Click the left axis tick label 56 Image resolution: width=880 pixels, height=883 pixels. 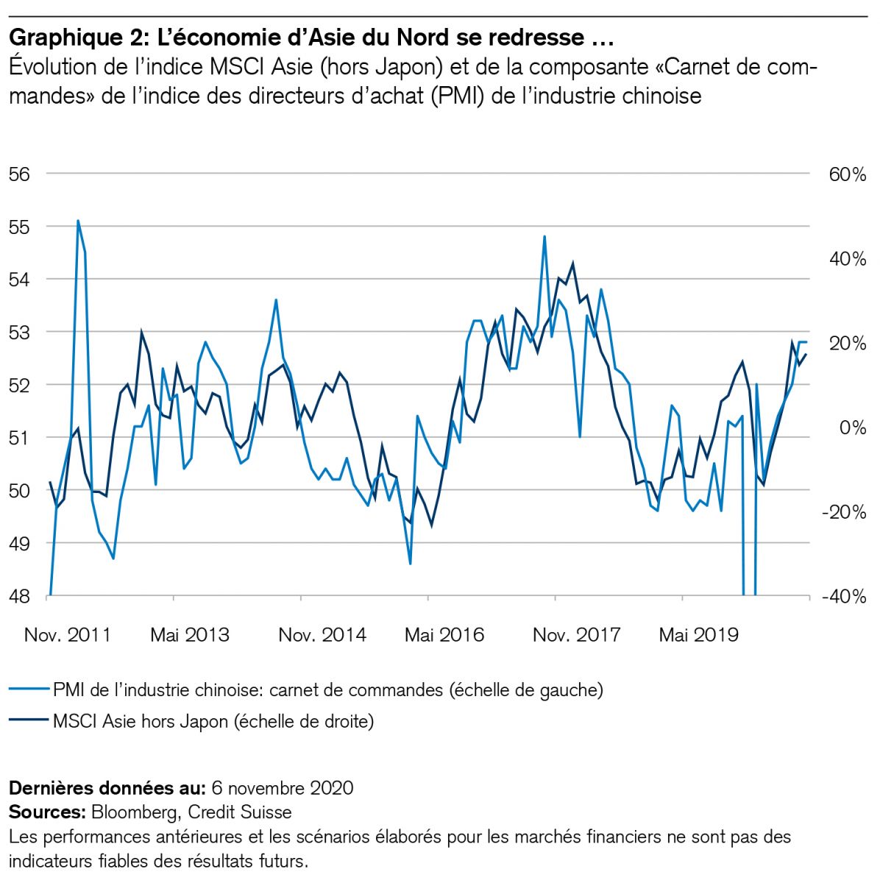coord(20,174)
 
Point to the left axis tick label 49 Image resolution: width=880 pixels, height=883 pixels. coord(20,544)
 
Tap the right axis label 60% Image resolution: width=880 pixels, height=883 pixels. coord(848,174)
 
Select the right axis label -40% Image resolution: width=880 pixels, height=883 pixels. coord(843,597)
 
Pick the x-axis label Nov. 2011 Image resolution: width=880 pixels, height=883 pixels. coord(68,634)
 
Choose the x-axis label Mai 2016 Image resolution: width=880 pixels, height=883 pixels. coord(444,634)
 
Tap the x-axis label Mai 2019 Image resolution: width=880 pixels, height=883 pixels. coord(698,634)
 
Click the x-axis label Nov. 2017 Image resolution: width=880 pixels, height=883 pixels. coord(577,634)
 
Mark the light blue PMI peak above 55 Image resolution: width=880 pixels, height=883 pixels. coord(78,221)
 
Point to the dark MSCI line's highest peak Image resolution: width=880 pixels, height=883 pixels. coord(572,263)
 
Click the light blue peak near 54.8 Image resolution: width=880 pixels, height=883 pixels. coord(544,237)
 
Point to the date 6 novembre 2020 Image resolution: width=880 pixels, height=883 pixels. coord(282,788)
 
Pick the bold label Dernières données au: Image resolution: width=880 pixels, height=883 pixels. coord(107,788)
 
